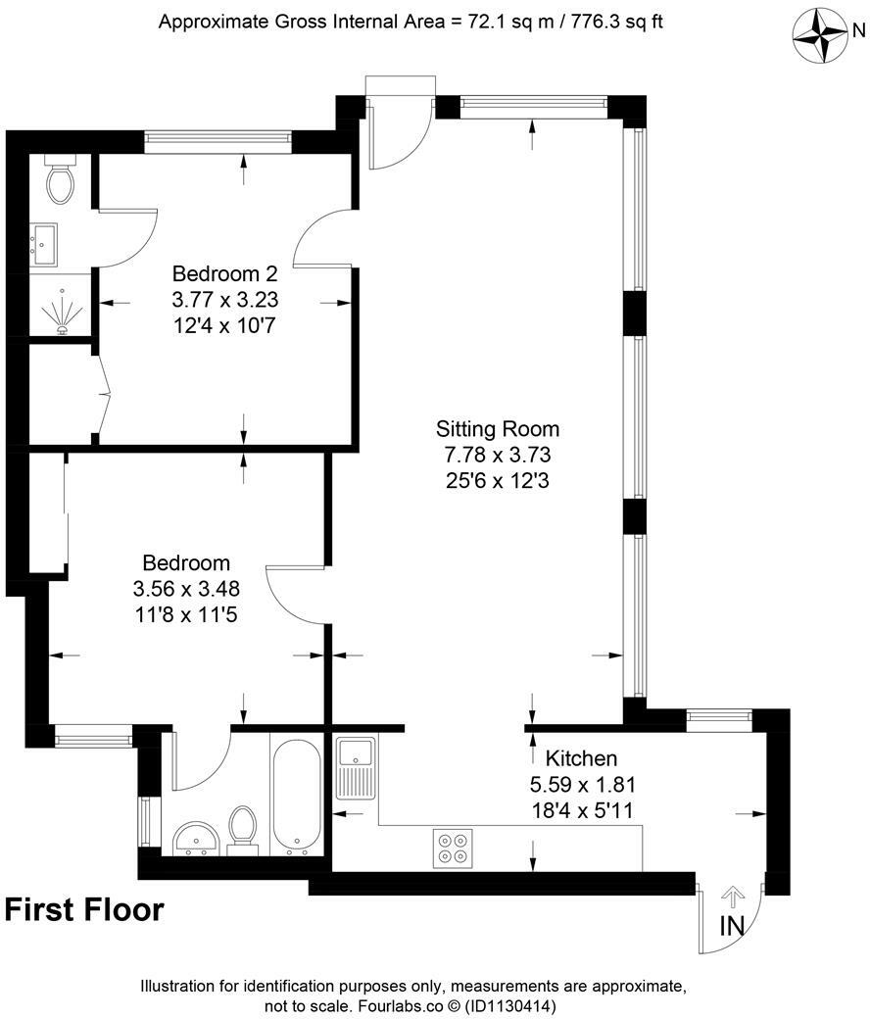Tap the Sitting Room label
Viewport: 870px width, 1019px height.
click(x=498, y=429)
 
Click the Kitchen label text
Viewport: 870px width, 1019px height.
click(x=581, y=758)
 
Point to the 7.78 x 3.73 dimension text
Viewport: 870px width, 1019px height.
click(x=498, y=455)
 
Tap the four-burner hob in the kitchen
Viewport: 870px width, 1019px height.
click(x=452, y=848)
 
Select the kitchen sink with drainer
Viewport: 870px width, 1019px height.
click(x=354, y=770)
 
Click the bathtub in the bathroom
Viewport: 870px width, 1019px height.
click(x=294, y=795)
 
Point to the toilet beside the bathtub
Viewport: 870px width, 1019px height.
click(x=241, y=829)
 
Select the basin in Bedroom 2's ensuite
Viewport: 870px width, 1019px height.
click(x=45, y=243)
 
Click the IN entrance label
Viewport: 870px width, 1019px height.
click(x=732, y=925)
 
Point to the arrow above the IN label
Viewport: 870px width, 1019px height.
click(x=732, y=897)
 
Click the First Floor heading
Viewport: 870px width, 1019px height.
click(x=84, y=910)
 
